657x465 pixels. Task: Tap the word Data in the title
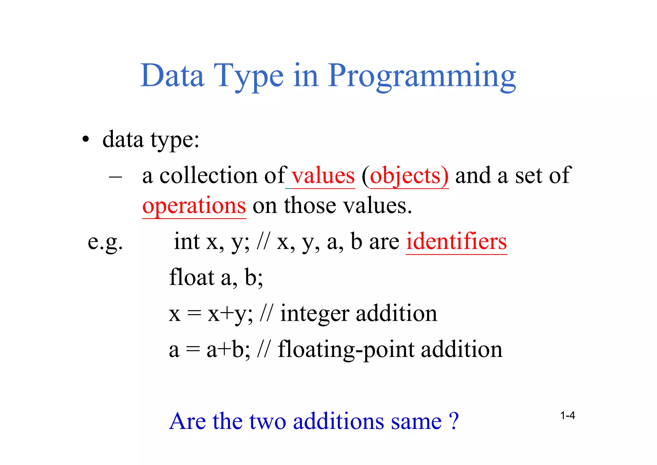pyautogui.click(x=172, y=76)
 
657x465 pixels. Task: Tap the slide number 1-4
pyautogui.click(x=567, y=416)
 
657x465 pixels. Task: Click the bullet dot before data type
pyautogui.click(x=85, y=140)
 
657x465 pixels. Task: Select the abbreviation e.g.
pyautogui.click(x=105, y=242)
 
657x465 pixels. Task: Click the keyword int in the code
pyautogui.click(x=187, y=241)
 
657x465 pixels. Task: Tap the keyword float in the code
pyautogui.click(x=192, y=277)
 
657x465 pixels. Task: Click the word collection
pyautogui.click(x=208, y=176)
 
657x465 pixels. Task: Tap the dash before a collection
pyautogui.click(x=115, y=177)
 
